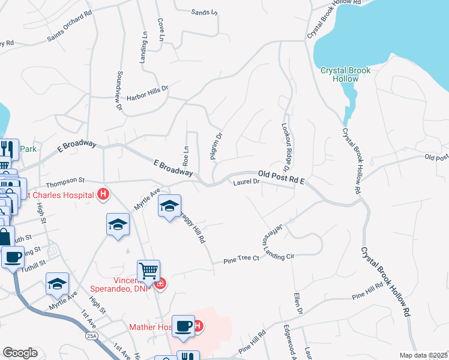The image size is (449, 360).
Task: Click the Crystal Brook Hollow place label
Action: coord(345,74)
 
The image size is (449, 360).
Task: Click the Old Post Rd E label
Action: coord(281,176)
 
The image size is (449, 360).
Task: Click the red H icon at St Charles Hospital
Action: coord(103,194)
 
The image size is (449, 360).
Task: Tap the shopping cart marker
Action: coord(148,271)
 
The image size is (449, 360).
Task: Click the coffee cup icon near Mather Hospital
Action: coord(184,326)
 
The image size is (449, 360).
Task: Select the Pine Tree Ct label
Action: coord(241,259)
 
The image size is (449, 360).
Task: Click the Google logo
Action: coord(20,353)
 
